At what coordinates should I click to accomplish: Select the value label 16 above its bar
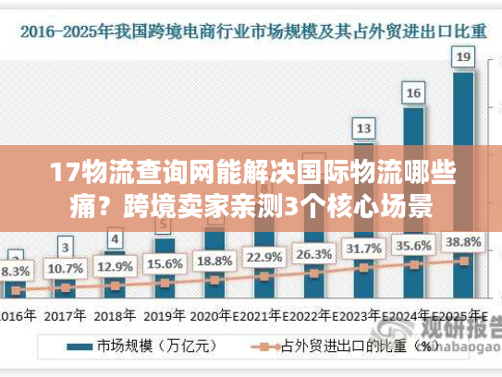[x=414, y=92]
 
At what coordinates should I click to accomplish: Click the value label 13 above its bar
[x=364, y=128]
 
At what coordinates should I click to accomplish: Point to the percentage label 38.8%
[x=464, y=241]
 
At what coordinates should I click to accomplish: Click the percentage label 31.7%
[x=364, y=249]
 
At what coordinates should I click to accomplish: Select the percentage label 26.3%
[x=314, y=253]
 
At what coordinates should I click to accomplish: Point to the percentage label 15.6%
[x=164, y=263]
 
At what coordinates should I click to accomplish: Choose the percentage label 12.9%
[x=114, y=267]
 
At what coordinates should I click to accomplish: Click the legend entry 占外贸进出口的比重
[x=343, y=347]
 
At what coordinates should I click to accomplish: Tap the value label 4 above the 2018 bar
[x=114, y=239]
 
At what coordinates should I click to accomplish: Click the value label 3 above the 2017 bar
[x=64, y=247]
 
